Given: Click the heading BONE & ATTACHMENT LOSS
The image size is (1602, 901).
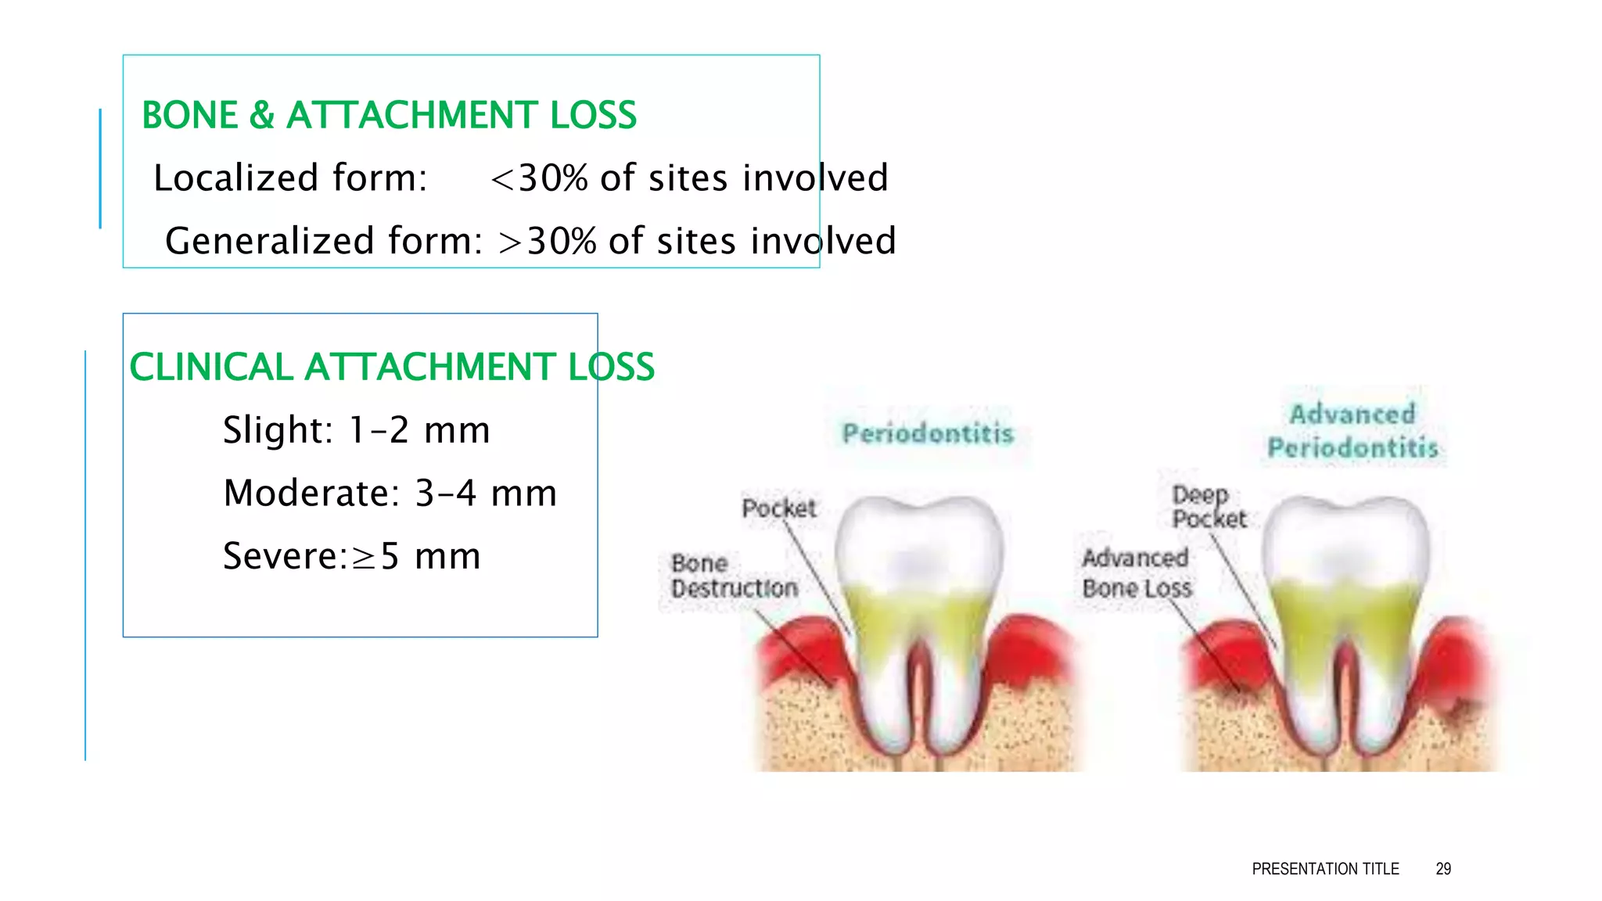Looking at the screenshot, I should [x=389, y=116].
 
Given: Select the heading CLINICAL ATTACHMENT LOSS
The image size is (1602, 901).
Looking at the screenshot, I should [x=391, y=368].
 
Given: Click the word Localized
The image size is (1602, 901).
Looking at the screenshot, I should [x=231, y=178].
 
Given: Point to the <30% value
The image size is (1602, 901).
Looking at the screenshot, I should [x=539, y=178].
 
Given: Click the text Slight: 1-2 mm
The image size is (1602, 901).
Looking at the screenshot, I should [x=356, y=430].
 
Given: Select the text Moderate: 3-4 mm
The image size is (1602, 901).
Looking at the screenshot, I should [x=390, y=494].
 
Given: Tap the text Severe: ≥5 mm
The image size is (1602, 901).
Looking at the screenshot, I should [x=351, y=556].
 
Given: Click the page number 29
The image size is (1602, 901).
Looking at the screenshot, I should [x=1443, y=869].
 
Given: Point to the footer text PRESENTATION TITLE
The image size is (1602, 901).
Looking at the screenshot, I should [x=1325, y=869].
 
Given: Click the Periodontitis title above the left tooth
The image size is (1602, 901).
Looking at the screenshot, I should [x=928, y=433].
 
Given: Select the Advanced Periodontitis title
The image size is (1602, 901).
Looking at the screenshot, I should [x=1352, y=431].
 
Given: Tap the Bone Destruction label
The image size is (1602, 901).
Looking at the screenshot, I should [x=734, y=576].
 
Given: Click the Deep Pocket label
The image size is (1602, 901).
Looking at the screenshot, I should [x=1209, y=507].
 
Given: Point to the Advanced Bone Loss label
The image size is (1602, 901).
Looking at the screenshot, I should [x=1136, y=573].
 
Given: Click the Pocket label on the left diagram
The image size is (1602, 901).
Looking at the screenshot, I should [x=778, y=508].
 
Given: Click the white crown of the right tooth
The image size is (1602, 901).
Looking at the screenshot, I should [x=1345, y=540].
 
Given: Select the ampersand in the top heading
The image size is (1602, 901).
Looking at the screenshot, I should [x=262, y=116].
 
